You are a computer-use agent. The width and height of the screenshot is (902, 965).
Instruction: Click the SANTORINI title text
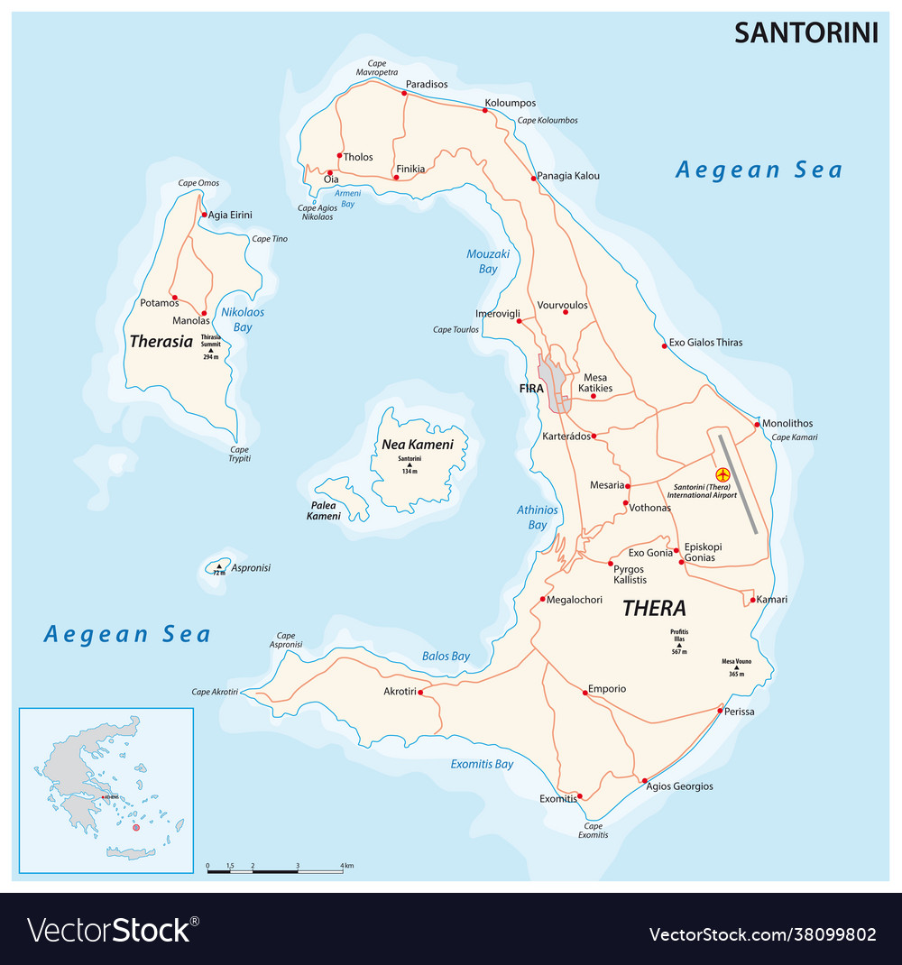pos(805,32)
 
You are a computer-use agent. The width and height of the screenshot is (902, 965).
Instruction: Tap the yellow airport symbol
pos(722,474)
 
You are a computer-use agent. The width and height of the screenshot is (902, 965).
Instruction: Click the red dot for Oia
pos(330,172)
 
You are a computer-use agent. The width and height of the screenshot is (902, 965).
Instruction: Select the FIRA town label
pos(531,388)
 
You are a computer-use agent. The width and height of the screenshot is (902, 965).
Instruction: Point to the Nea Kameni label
pos(417,445)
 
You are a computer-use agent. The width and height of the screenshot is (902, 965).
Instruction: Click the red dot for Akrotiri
pos(420,693)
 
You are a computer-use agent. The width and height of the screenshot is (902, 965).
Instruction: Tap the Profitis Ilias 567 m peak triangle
pos(679,644)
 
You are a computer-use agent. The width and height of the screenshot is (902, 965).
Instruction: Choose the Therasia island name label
pos(161,342)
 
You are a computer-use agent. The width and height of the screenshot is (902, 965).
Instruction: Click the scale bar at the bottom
pos(274,871)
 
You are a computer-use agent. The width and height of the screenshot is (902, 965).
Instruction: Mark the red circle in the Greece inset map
pos(136,827)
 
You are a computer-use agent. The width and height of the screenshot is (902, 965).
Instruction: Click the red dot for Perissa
pos(719,712)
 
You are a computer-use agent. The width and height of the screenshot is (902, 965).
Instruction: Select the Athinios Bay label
pos(537,517)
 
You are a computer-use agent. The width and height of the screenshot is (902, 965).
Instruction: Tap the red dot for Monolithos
pos(757,424)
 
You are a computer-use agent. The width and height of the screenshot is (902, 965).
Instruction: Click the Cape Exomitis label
pos(593,830)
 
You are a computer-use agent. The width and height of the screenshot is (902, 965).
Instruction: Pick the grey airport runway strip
pos(738,483)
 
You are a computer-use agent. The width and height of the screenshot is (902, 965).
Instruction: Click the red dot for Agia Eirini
pos(205,215)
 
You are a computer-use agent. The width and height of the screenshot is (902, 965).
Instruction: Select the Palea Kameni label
pos(323,510)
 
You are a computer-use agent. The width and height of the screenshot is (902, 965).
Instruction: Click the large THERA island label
pos(654,608)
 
